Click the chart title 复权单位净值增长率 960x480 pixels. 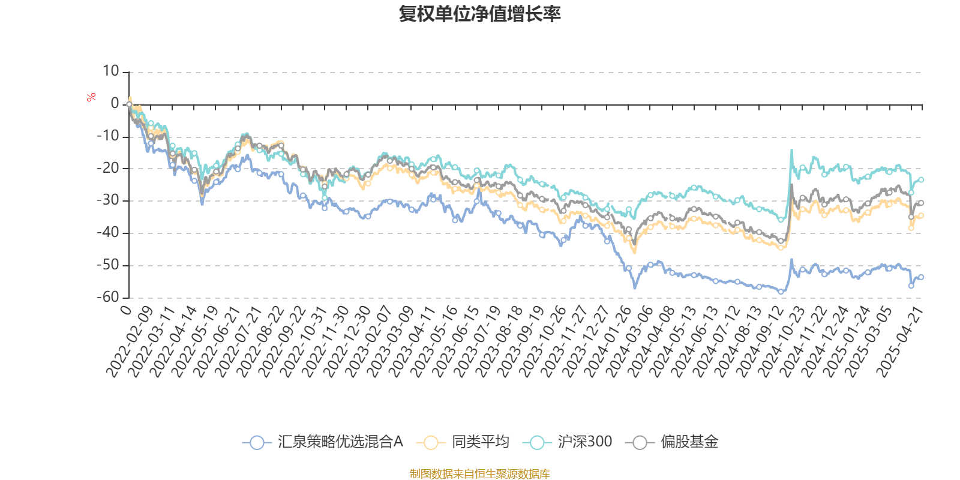[480, 14]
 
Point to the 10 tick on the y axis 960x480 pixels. [111, 71]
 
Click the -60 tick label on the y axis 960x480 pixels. [108, 297]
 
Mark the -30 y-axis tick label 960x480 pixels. [108, 200]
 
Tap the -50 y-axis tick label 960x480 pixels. [108, 265]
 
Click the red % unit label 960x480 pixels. [91, 97]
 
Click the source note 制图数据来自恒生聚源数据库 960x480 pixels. [480, 474]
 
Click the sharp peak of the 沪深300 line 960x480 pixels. [791, 150]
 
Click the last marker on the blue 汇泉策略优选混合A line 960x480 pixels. [921, 277]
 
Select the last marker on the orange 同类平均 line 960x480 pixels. [921, 215]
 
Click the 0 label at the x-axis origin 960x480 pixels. [126, 309]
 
